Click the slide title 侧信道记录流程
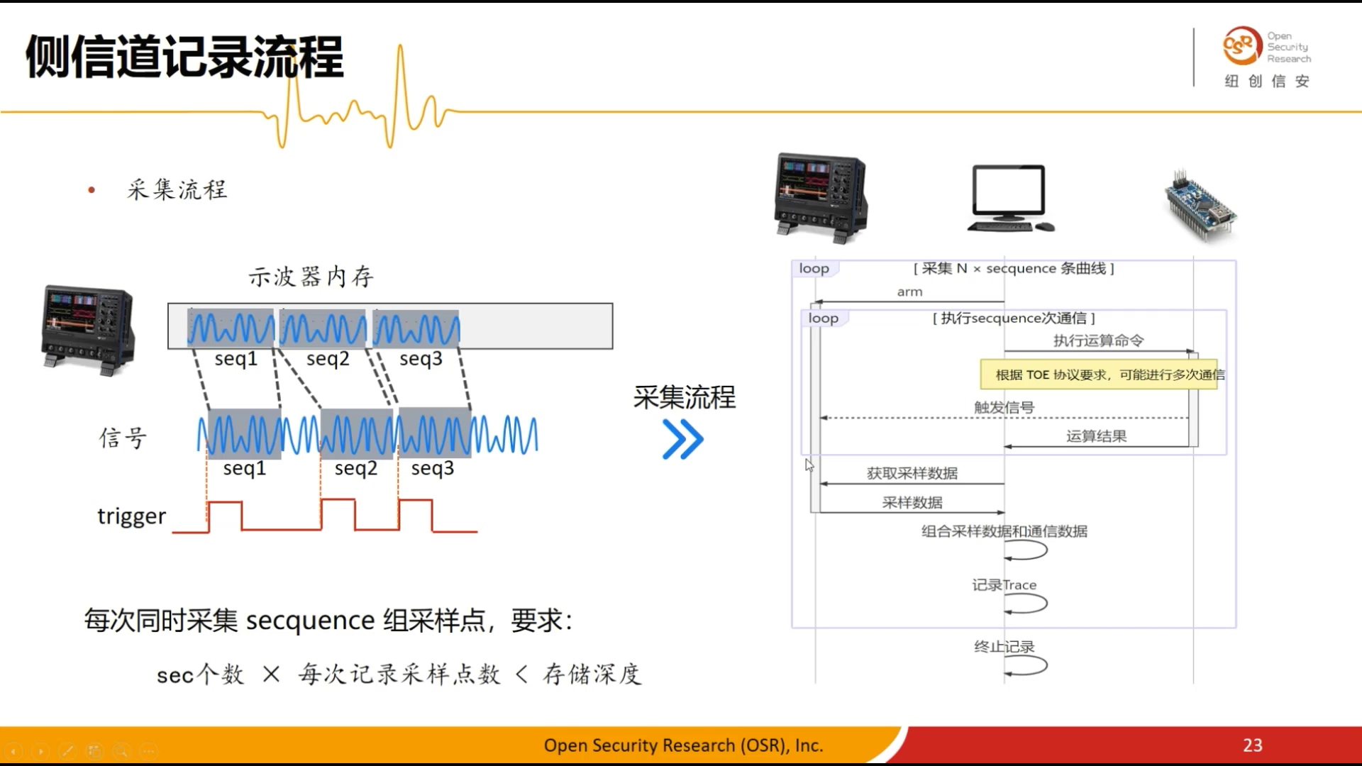click(184, 57)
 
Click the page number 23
click(1252, 745)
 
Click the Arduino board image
click(1201, 206)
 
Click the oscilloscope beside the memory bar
click(88, 329)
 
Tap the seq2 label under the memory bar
click(328, 359)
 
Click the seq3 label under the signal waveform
click(432, 468)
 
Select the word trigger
click(131, 516)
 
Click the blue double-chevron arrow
click(682, 439)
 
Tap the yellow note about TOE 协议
click(1099, 374)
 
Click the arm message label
click(909, 292)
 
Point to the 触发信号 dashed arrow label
click(1004, 407)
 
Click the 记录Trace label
click(1004, 585)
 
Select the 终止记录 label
click(1004, 646)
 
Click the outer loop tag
click(814, 269)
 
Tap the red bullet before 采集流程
click(92, 190)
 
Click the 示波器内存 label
click(311, 277)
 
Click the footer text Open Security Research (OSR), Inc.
click(683, 745)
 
